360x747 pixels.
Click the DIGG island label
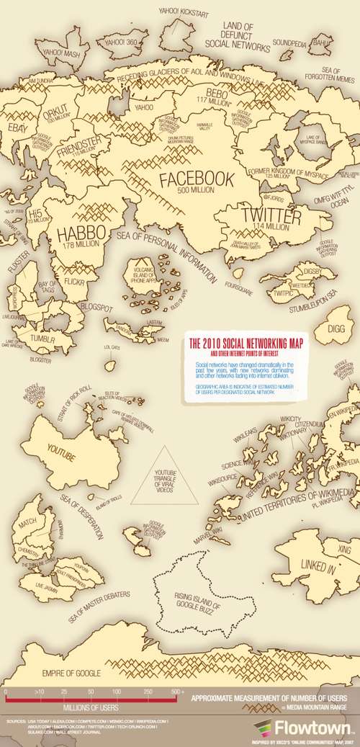click(x=336, y=329)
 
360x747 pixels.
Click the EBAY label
click(x=16, y=128)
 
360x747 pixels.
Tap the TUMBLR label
click(x=43, y=339)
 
